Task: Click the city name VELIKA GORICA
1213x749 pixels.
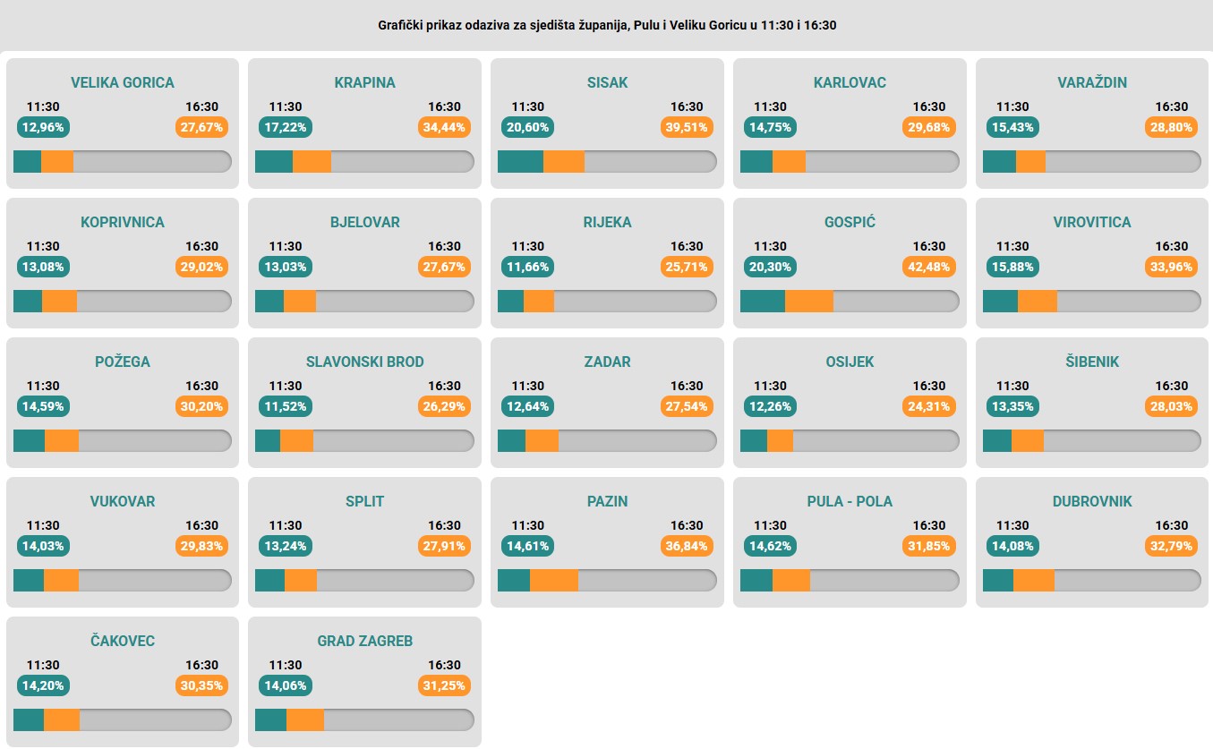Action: coord(123,82)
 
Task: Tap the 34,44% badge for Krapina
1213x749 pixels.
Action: coord(444,127)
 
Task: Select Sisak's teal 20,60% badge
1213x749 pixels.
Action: coord(527,127)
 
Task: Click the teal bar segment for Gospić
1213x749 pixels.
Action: coord(763,301)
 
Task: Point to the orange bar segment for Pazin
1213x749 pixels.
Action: coord(554,580)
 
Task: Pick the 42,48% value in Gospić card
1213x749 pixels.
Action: coord(929,267)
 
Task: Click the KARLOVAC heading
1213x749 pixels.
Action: coord(850,82)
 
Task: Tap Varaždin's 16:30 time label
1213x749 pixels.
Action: coord(1171,106)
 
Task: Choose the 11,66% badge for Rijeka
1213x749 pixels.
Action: coord(527,267)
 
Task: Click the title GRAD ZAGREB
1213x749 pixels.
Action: coord(364,641)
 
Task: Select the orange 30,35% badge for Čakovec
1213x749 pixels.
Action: coord(202,685)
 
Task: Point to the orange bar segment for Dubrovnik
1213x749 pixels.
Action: coord(1033,580)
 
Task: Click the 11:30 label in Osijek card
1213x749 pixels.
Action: coord(770,386)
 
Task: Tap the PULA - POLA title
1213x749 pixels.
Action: coord(850,501)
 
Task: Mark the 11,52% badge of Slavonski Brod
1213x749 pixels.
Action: coord(285,406)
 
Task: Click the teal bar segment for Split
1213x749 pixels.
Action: coord(270,580)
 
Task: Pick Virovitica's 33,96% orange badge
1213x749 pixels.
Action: coord(1171,267)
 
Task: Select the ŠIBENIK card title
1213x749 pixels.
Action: coord(1092,362)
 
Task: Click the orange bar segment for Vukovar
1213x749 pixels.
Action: coord(61,580)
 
